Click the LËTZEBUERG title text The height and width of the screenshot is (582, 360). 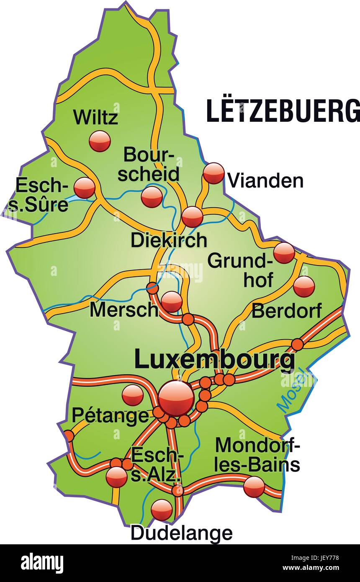283,111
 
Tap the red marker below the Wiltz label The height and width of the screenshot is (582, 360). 100,141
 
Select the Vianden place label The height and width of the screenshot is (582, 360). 265,181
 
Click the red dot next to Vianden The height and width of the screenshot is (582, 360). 214,173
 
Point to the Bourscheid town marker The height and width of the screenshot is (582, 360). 152,197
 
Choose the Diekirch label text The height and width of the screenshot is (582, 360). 169,240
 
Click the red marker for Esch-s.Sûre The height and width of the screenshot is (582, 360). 85,188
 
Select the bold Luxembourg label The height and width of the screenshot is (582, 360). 214,360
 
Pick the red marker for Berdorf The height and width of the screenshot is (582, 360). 304,286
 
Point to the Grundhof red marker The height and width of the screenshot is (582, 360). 284,252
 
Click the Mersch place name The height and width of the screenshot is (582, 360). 124,310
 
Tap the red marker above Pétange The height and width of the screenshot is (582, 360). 133,395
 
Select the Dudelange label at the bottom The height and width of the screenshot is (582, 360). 181,533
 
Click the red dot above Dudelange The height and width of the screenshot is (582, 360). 162,510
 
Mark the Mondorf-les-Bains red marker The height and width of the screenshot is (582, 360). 254,487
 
